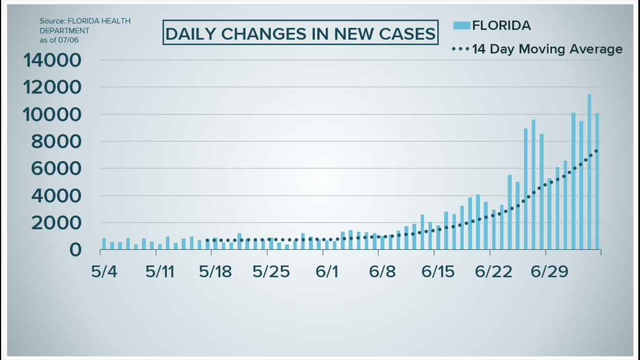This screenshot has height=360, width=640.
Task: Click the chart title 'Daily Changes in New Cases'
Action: (x=300, y=34)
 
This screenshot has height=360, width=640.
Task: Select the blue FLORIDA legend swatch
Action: (x=461, y=25)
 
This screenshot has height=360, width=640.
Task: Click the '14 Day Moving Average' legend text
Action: (x=547, y=49)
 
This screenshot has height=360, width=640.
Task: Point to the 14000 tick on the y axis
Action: (x=52, y=60)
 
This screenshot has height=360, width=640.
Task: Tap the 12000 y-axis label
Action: (x=52, y=87)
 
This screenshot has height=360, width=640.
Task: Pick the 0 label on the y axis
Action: (x=75, y=250)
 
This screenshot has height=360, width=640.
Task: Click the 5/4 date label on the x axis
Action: (x=104, y=272)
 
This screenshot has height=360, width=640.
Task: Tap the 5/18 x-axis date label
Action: (x=216, y=272)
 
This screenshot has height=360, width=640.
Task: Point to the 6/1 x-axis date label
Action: (x=327, y=272)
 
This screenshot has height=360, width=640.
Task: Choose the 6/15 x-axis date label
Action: (x=438, y=272)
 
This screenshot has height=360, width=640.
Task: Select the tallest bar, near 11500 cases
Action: (x=589, y=171)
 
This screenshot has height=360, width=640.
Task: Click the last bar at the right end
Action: (x=597, y=181)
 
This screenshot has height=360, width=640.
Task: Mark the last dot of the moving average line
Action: (x=596, y=150)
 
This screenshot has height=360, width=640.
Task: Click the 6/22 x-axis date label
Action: (x=493, y=272)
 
